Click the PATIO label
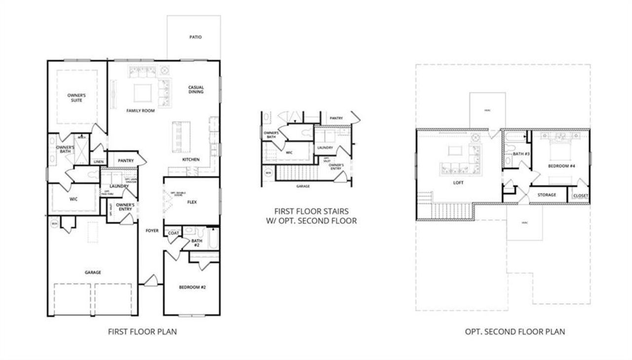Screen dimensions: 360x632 point(196,37)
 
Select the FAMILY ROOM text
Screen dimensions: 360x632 point(140,111)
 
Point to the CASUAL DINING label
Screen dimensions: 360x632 point(196,89)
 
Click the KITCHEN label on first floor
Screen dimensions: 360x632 point(191,160)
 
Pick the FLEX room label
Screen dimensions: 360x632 point(193,202)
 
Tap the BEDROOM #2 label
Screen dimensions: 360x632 point(192,287)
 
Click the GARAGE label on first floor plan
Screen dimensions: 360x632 point(93,272)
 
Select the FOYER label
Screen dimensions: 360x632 point(152,231)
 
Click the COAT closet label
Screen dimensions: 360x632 point(173,233)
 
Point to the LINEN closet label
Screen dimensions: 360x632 point(99,161)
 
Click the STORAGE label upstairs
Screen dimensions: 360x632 point(547,195)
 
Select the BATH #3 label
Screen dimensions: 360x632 point(521,154)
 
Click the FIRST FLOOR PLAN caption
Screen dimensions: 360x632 point(142,332)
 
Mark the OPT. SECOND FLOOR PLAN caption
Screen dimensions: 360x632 point(515,332)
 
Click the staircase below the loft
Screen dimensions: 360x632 point(447,211)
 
